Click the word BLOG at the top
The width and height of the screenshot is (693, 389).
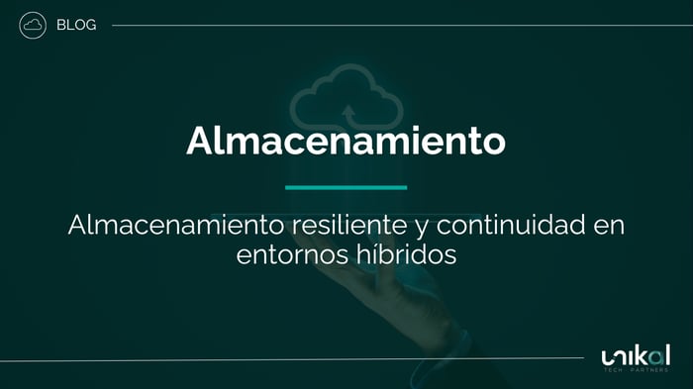(x=76, y=25)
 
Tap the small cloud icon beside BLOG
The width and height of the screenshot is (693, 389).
(x=33, y=25)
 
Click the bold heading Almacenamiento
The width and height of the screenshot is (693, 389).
(x=346, y=140)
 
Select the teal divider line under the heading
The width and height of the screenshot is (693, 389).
(x=346, y=186)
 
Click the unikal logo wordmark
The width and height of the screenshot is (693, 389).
(x=635, y=355)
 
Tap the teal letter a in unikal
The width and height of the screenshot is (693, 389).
(x=654, y=354)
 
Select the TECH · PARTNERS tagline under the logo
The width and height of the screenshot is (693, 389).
(x=635, y=371)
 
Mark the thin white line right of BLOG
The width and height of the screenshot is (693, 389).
(x=396, y=25)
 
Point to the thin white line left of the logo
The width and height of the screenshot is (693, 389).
(x=297, y=358)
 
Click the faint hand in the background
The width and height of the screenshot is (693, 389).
(x=416, y=297)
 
